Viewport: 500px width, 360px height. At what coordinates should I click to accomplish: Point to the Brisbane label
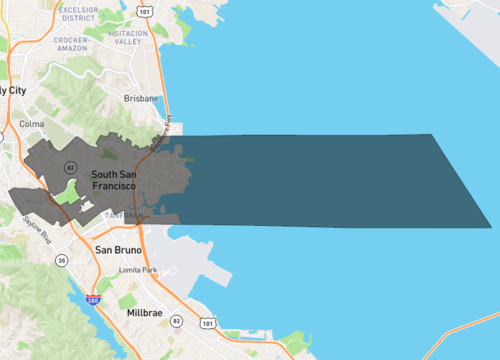[141, 99]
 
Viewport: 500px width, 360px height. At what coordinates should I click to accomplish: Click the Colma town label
[32, 124]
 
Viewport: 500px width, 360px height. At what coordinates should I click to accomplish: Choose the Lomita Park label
[137, 270]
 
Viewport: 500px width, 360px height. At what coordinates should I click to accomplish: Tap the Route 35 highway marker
[61, 260]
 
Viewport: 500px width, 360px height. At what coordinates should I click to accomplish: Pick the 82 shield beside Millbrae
[176, 321]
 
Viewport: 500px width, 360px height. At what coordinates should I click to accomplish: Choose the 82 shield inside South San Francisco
[70, 165]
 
